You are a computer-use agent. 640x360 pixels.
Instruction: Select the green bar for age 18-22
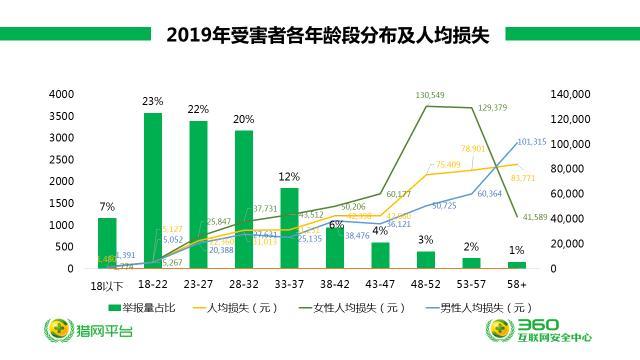tap(153, 190)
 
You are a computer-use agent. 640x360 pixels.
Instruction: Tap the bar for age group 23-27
tap(198, 195)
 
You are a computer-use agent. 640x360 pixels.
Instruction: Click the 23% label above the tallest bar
tap(153, 102)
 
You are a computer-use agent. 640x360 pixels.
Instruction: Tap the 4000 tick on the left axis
tap(61, 94)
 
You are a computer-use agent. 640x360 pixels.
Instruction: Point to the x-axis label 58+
tap(516, 285)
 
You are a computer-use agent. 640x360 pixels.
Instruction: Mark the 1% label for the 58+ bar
tap(516, 250)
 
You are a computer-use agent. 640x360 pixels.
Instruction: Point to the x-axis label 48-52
tap(425, 285)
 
